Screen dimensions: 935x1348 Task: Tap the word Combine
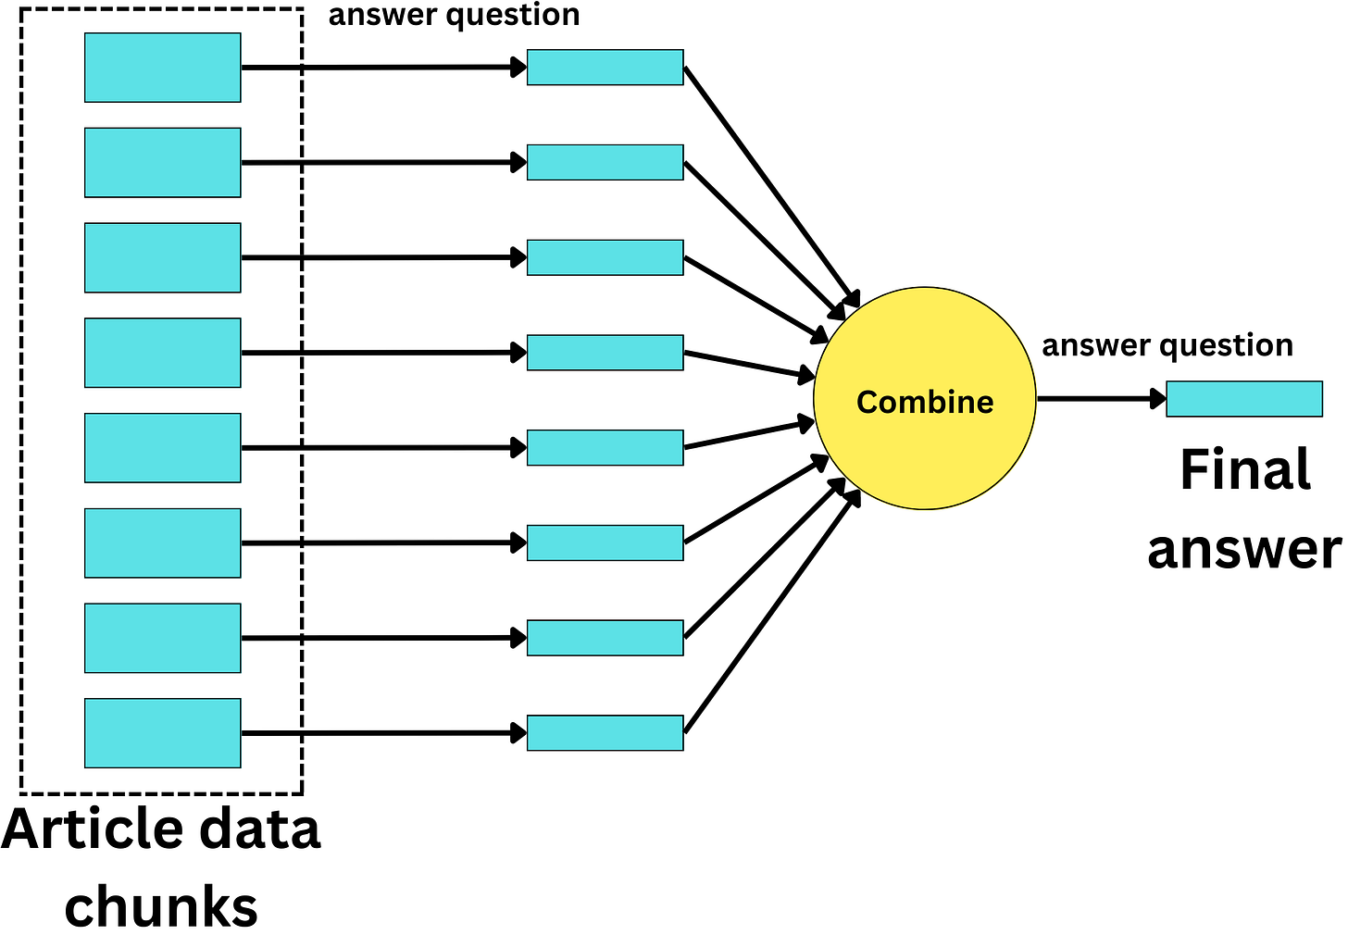point(924,402)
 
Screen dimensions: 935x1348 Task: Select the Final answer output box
point(1243,399)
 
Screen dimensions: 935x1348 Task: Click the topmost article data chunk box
point(162,68)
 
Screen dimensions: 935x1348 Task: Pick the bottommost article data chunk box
point(162,733)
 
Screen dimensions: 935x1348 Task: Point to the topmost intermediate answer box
point(605,68)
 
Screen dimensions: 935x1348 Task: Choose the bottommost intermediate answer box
point(605,733)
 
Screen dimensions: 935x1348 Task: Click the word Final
point(1245,469)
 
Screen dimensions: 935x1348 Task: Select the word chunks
point(161,906)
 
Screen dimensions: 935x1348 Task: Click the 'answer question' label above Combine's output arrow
point(1167,345)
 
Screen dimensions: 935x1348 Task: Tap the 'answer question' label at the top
point(454,15)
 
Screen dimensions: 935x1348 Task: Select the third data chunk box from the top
point(162,257)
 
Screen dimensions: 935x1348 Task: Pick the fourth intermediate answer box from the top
point(605,353)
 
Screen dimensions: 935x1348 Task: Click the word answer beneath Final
point(1243,549)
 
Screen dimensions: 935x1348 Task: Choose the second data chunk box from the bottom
point(162,638)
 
